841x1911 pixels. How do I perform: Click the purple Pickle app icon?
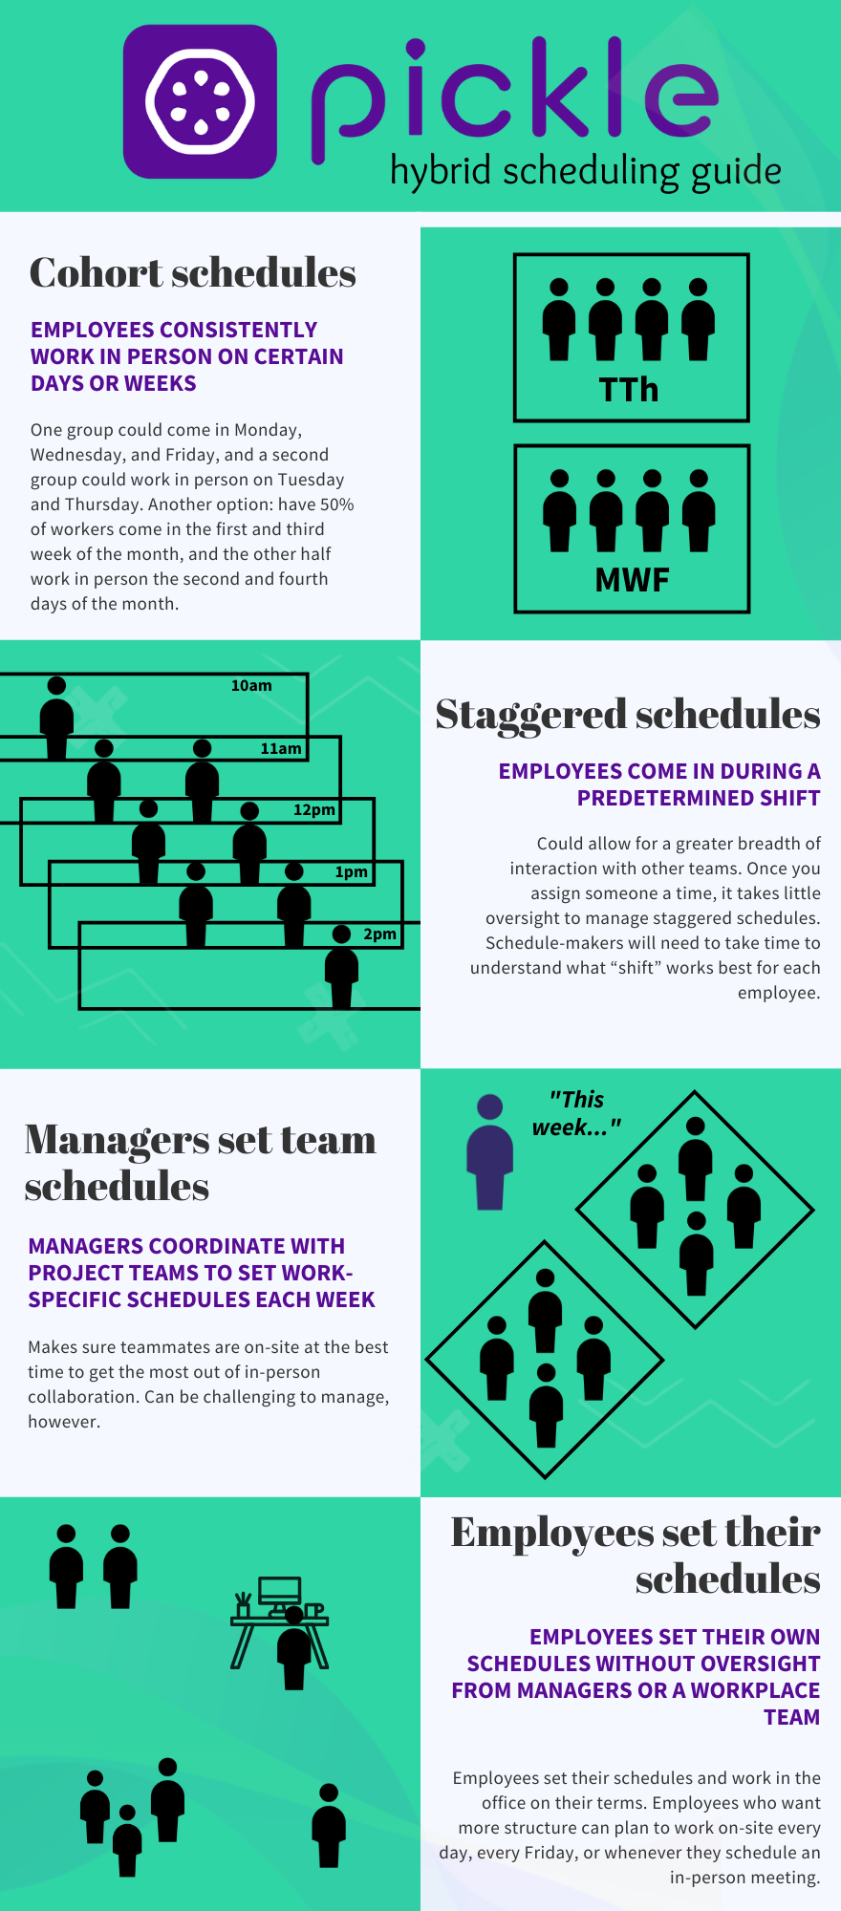coord(200,101)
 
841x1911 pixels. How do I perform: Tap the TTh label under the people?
coord(629,390)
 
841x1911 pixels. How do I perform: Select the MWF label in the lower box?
coord(632,580)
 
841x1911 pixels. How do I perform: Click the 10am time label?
coord(251,685)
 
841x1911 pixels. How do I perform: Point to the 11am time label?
coord(281,748)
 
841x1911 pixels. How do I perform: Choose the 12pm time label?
coord(314,809)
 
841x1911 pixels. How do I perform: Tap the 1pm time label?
coord(351,871)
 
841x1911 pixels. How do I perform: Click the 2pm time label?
coord(379,934)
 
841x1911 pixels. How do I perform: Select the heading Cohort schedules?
coord(193,273)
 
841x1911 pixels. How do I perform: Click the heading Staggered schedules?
coord(628,715)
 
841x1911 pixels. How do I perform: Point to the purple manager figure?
coord(489,1152)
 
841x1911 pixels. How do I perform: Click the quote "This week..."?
coord(576,1113)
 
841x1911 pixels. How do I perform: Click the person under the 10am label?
coord(56,718)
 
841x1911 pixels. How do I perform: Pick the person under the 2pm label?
coord(341,966)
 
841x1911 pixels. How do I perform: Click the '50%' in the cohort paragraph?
coord(336,505)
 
